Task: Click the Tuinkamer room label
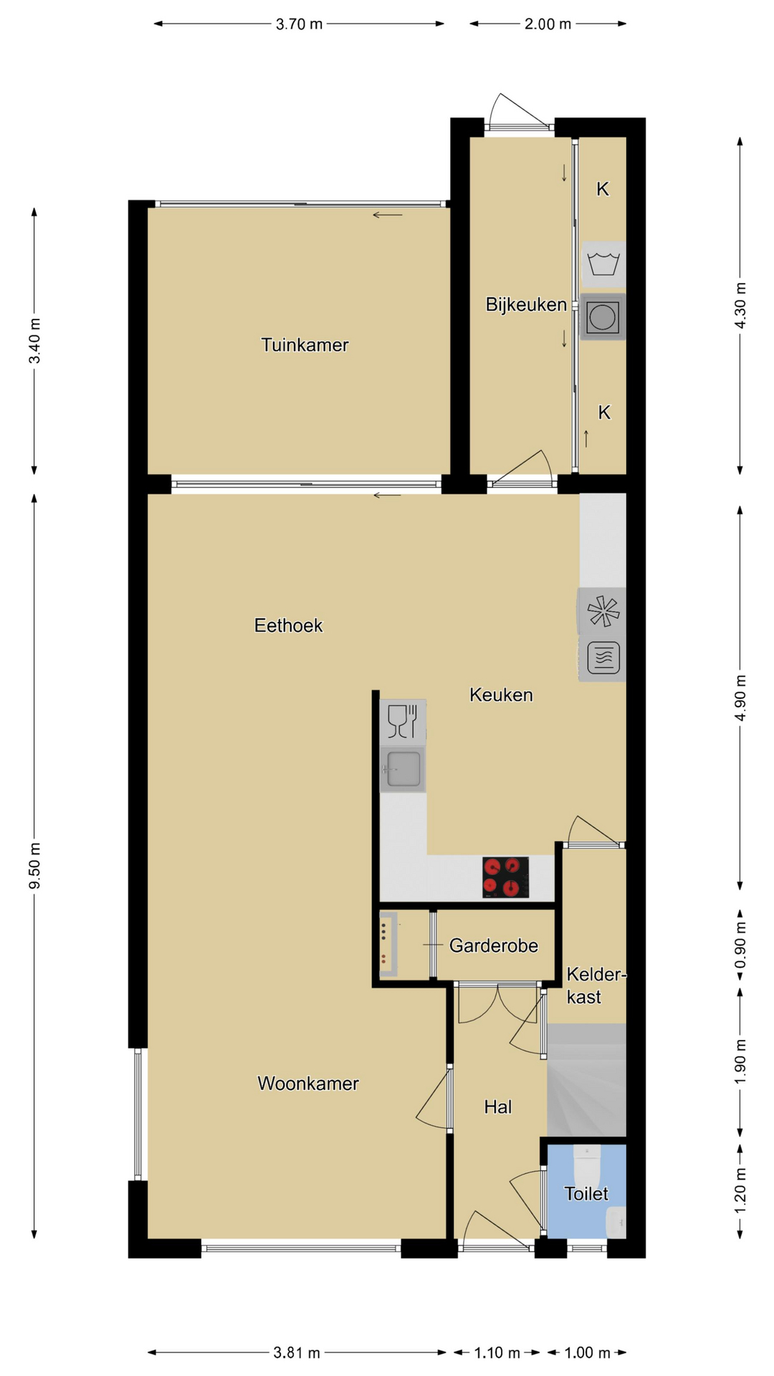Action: [x=305, y=345]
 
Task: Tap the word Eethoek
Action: [x=288, y=626]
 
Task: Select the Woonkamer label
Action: [x=308, y=1083]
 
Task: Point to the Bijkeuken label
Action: [x=526, y=305]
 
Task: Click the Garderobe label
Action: [x=493, y=946]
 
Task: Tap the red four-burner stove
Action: [x=505, y=877]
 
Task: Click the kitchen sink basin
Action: [x=403, y=769]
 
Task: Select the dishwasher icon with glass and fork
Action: [x=403, y=722]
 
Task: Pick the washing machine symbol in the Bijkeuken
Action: [x=603, y=264]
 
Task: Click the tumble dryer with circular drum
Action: [x=602, y=317]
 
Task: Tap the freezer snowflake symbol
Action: [x=602, y=611]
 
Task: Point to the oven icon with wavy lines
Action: [x=603, y=658]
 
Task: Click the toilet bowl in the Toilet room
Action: [x=587, y=1167]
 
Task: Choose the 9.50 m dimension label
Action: [x=35, y=866]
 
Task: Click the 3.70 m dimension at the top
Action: [x=299, y=24]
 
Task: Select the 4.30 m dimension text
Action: [x=740, y=305]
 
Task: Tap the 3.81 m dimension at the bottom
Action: [x=297, y=1353]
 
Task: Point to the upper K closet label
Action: [x=603, y=189]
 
